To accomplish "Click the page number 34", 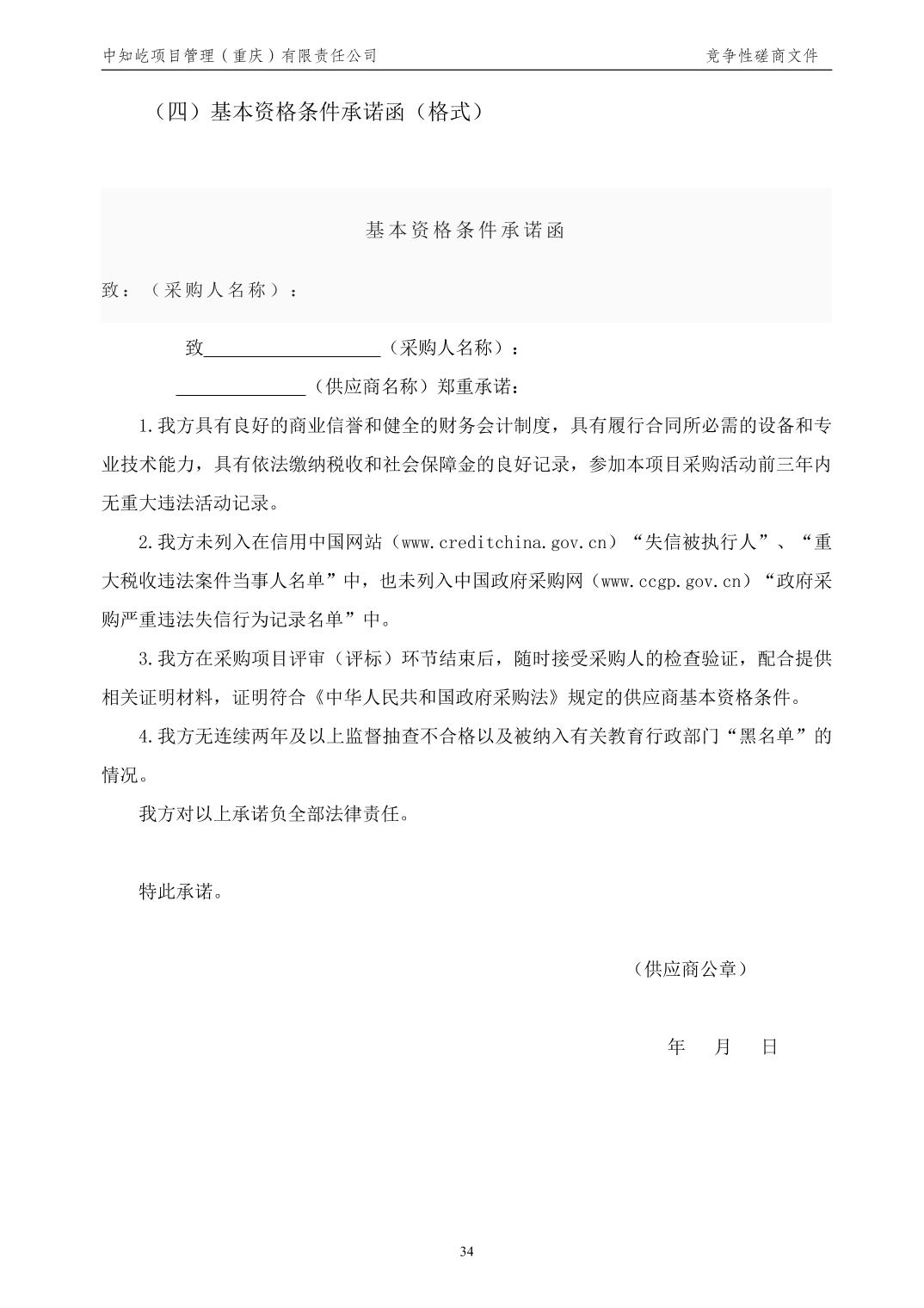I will (466, 1251).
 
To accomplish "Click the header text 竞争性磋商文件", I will (761, 56).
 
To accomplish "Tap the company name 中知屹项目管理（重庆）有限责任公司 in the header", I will (240, 56).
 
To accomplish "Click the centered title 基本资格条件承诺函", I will (465, 231).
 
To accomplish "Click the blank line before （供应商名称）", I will (240, 386).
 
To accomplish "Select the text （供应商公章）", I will (689, 969).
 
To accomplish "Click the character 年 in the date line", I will (676, 1046).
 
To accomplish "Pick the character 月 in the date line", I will (723, 1046).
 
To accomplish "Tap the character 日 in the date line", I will (769, 1046).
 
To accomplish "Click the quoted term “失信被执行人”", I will (699, 542).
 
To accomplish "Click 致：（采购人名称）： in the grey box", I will (200, 290).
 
